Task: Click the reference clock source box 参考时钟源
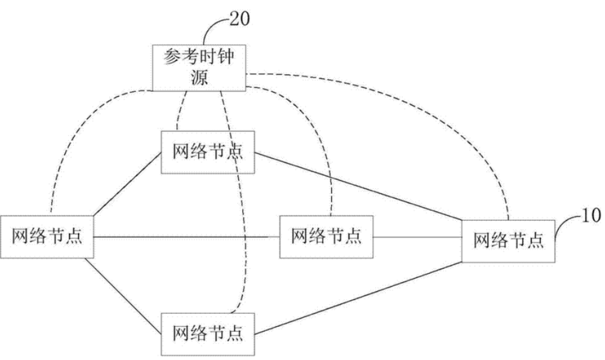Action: [x=199, y=68]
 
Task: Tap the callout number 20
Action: [x=239, y=19]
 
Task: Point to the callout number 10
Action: [x=590, y=216]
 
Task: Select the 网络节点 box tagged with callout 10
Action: [x=508, y=241]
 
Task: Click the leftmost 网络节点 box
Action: [x=47, y=237]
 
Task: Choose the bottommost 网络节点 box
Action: [x=207, y=334]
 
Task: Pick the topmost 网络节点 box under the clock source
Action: [x=207, y=152]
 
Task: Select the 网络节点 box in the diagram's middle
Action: [x=326, y=237]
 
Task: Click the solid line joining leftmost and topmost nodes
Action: [x=128, y=184]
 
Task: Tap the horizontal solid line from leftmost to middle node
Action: [x=187, y=237]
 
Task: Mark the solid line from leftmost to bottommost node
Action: [x=123, y=296]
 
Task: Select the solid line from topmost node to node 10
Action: [x=358, y=187]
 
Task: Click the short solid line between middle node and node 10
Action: [x=417, y=237]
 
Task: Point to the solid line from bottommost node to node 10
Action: [x=358, y=298]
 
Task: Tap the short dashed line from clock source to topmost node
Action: [x=181, y=111]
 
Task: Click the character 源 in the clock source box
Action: [x=199, y=77]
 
